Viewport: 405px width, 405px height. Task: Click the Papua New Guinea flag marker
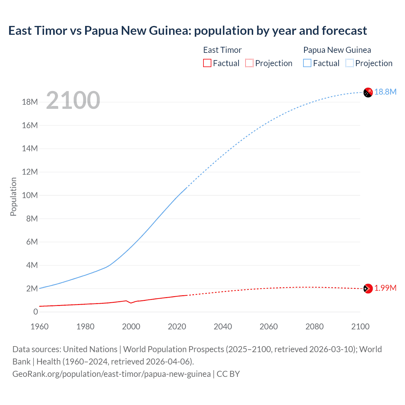point(368,92)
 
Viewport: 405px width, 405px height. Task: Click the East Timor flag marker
point(368,289)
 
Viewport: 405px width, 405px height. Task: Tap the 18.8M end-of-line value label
point(385,92)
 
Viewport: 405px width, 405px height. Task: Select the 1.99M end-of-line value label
point(385,288)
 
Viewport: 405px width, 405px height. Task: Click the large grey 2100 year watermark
point(73,100)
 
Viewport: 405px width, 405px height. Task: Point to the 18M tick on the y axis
point(30,102)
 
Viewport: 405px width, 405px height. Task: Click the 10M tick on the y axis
point(30,195)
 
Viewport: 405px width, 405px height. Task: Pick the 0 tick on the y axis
point(35,312)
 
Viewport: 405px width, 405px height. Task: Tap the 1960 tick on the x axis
point(40,327)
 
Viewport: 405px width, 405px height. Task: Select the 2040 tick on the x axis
point(223,327)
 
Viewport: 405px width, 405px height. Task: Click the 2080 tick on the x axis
point(315,327)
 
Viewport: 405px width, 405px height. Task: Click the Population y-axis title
point(13,196)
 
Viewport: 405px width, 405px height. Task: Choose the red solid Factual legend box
point(207,63)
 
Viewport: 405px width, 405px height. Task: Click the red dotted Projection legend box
point(249,63)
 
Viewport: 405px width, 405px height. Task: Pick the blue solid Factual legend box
point(307,63)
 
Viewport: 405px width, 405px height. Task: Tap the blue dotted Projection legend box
point(350,63)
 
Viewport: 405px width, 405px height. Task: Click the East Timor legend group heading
point(222,50)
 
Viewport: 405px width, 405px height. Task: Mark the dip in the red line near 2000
point(131,303)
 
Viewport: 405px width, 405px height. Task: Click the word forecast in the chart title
point(344,31)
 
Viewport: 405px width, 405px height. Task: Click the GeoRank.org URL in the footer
point(111,374)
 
